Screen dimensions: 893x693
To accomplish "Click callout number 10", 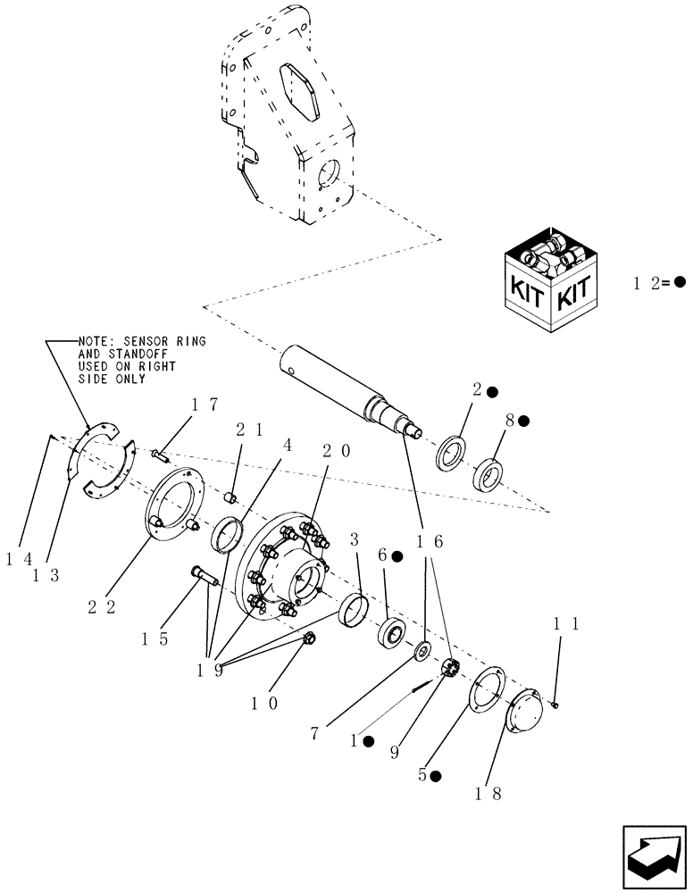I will [x=264, y=703].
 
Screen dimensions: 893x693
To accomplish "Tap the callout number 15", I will [x=155, y=639].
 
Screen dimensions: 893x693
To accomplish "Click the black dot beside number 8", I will [x=523, y=421].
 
